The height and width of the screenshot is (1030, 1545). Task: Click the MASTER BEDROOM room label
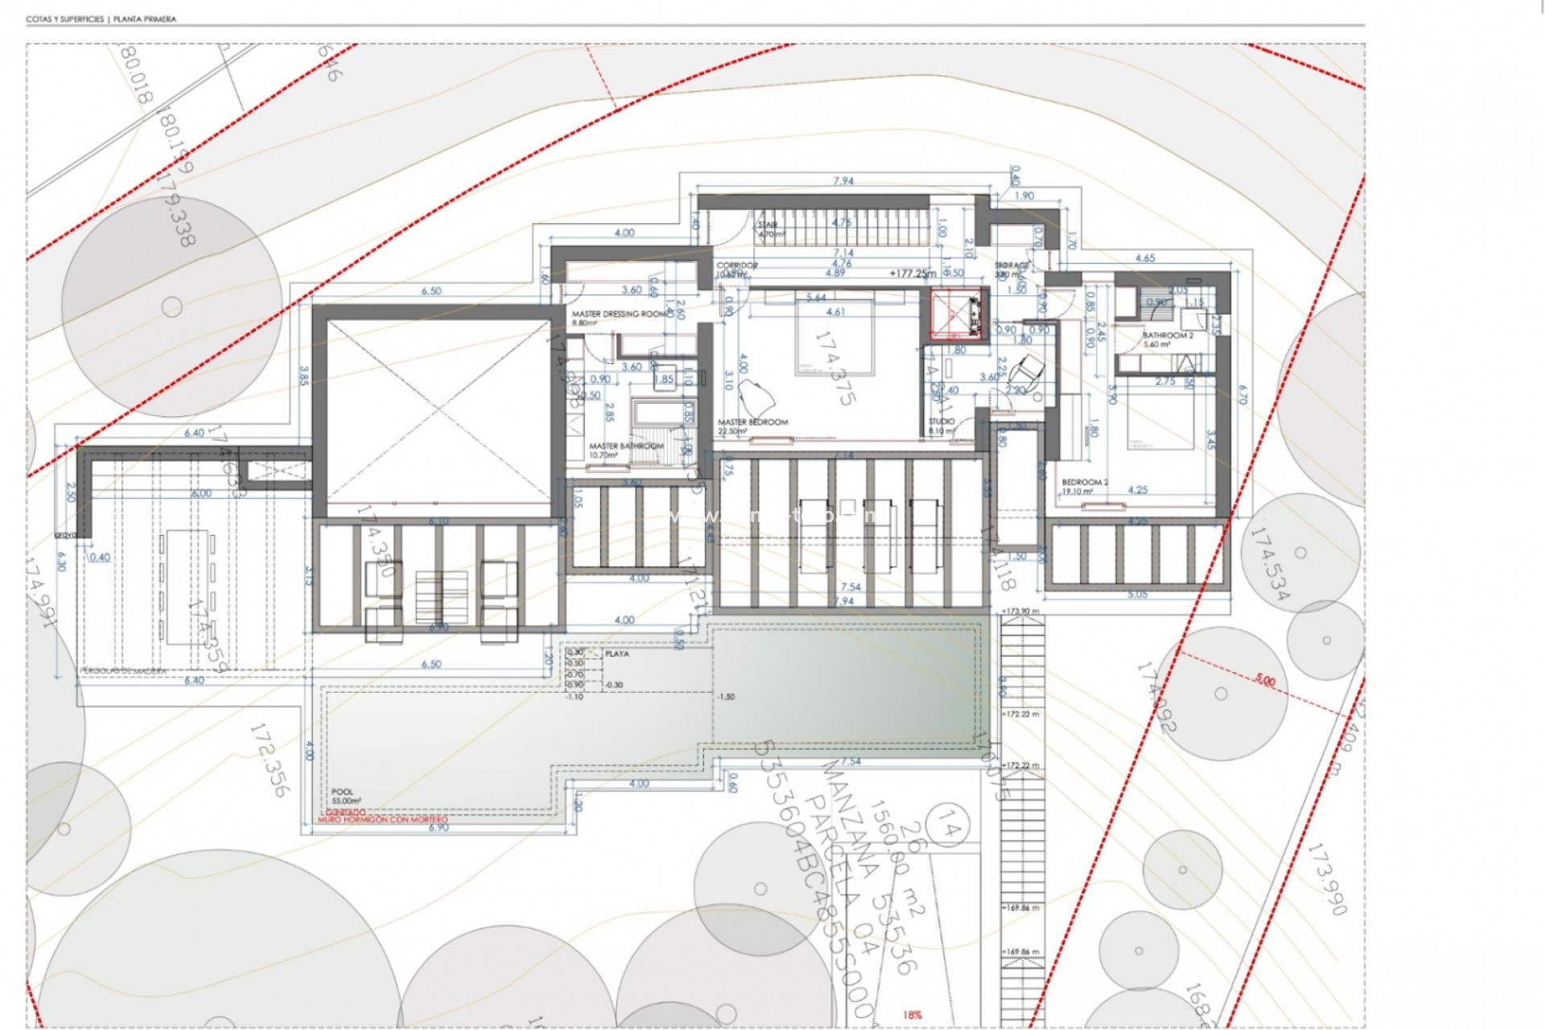click(x=752, y=422)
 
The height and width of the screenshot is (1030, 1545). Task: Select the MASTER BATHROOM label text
click(x=626, y=447)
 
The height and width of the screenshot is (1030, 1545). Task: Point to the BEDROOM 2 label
click(x=1085, y=483)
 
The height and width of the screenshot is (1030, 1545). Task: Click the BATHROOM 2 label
click(x=1168, y=336)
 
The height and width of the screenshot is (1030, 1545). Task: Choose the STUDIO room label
click(x=941, y=422)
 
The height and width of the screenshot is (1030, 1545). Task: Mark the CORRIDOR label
click(x=737, y=266)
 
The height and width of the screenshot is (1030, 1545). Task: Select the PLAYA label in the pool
click(x=617, y=654)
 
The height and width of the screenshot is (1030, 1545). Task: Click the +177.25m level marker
click(x=913, y=274)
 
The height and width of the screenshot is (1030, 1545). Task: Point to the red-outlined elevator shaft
click(x=957, y=315)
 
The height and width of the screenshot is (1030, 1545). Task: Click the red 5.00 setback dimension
click(x=1265, y=681)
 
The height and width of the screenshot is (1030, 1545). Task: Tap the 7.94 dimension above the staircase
click(x=843, y=181)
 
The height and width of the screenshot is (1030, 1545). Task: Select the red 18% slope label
click(x=912, y=1016)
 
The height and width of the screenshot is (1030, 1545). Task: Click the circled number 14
click(x=949, y=828)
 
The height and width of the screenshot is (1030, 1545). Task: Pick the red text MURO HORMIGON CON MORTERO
click(x=383, y=820)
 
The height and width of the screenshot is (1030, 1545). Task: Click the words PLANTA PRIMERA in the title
click(x=145, y=19)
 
